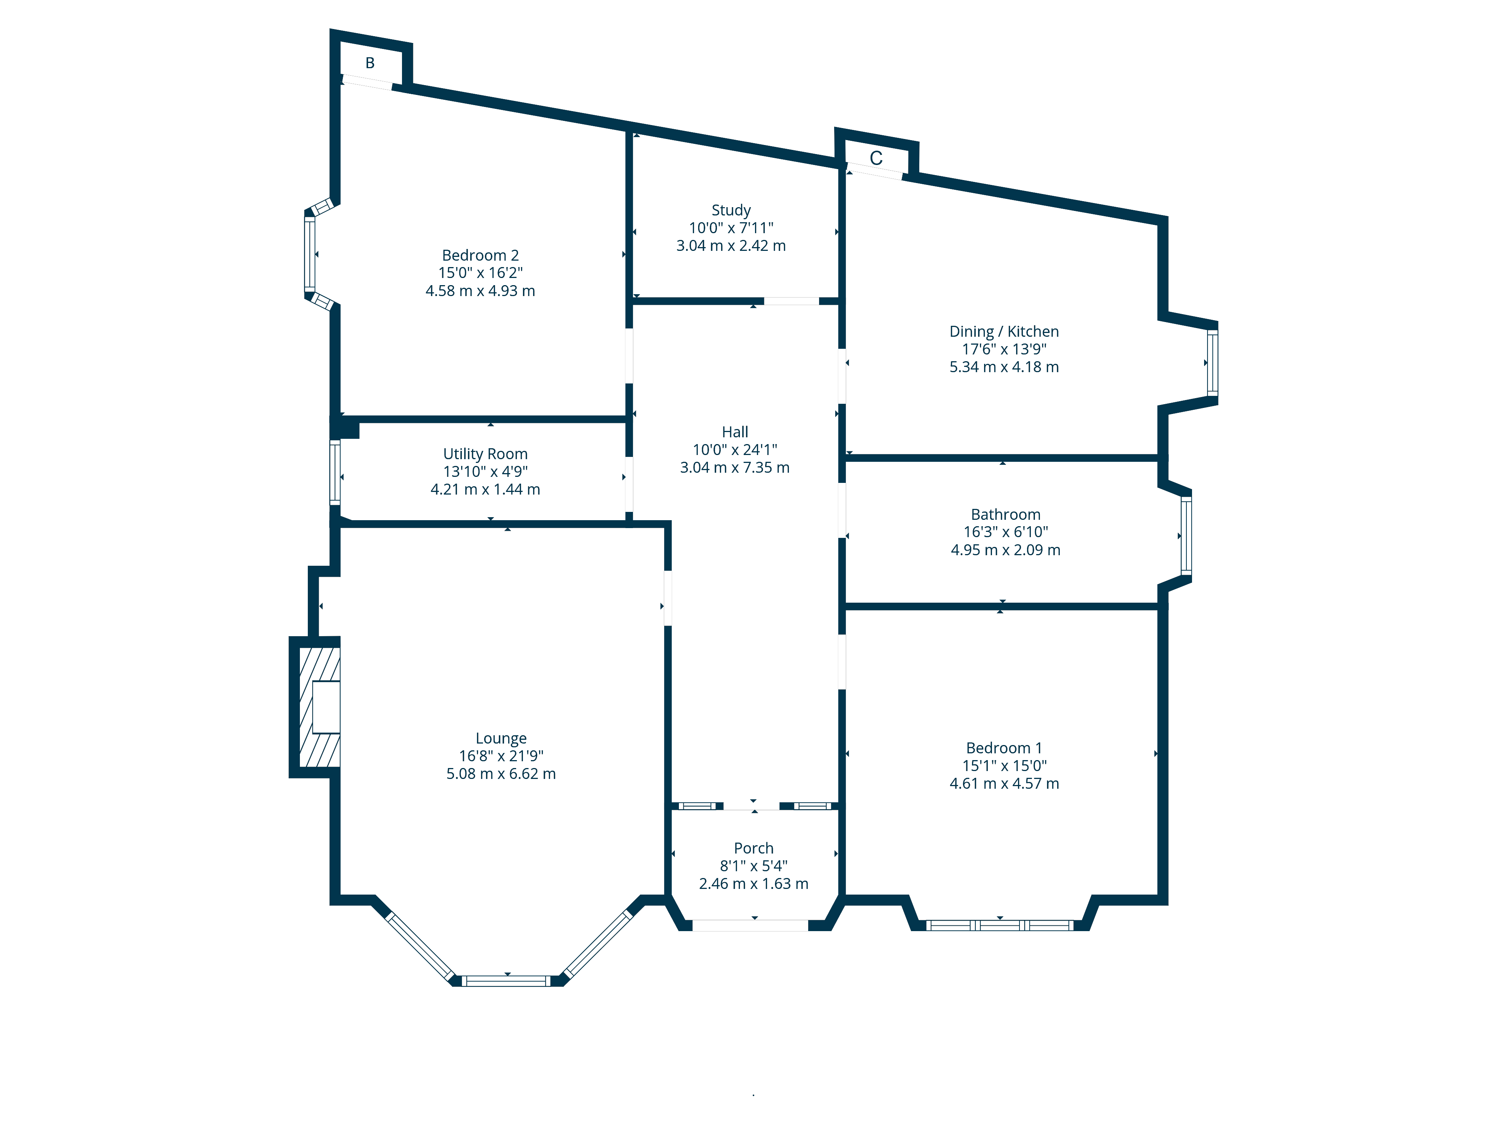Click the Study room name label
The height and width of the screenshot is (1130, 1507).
point(731,211)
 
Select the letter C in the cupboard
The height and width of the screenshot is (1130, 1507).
point(876,159)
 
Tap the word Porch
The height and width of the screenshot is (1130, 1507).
point(753,848)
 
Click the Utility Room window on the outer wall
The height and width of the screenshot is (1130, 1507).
point(335,472)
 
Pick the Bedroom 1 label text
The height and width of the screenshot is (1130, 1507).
point(1004,748)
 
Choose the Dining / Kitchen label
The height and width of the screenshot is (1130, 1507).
point(1004,332)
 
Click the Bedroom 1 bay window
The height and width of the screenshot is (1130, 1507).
point(1000,925)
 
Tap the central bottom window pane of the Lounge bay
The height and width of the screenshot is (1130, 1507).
point(506,981)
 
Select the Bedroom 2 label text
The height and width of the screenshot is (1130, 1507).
point(480,255)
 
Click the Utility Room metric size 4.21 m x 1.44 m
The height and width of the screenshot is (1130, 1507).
point(485,489)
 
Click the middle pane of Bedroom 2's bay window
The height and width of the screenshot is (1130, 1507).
point(309,254)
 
